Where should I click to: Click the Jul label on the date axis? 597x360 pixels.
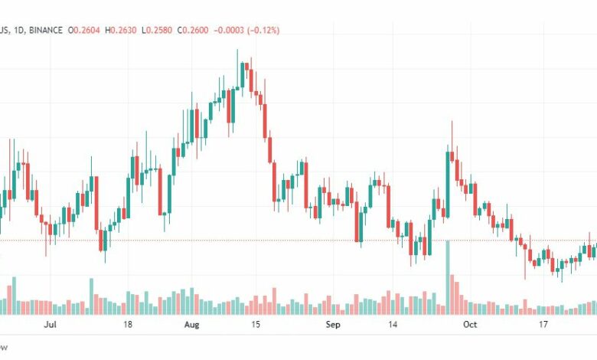(51, 325)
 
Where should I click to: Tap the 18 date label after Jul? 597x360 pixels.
(128, 325)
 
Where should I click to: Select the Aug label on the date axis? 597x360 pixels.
(192, 325)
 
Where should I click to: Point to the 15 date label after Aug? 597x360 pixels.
(256, 325)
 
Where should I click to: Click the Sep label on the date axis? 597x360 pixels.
(332, 325)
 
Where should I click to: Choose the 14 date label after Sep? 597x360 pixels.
(393, 325)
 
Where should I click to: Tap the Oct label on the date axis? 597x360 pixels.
(470, 325)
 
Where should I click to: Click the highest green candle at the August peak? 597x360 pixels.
(243, 75)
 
